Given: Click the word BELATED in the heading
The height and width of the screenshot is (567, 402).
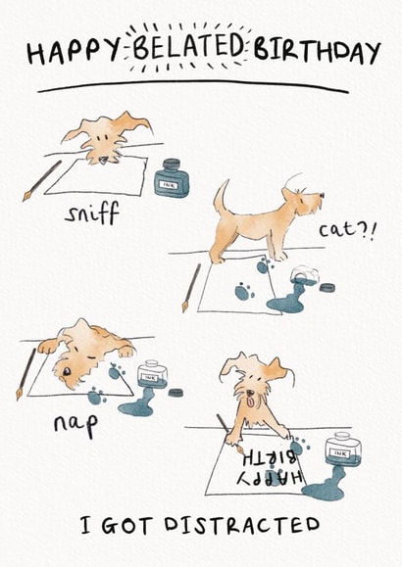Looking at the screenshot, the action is pos(188,47).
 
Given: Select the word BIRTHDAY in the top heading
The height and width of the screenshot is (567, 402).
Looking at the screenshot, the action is pos(318,52).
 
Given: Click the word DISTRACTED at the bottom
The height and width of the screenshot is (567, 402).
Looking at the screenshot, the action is pos(242,526).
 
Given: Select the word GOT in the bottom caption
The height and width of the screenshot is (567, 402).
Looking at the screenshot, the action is pos(126,526).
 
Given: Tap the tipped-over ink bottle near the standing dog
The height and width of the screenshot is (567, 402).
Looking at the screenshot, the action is pos(304,275).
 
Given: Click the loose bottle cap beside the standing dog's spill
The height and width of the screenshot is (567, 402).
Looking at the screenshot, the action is pos(327,288).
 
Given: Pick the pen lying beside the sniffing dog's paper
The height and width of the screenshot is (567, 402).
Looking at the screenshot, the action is pos(42,181).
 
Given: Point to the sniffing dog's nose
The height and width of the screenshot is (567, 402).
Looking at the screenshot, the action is pos(104,159).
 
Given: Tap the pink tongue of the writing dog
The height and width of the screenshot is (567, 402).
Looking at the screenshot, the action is pos(250,401).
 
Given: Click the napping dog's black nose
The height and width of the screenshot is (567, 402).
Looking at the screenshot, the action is pos(67,371).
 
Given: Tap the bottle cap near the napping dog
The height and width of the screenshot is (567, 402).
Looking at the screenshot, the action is pos(176,393).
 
